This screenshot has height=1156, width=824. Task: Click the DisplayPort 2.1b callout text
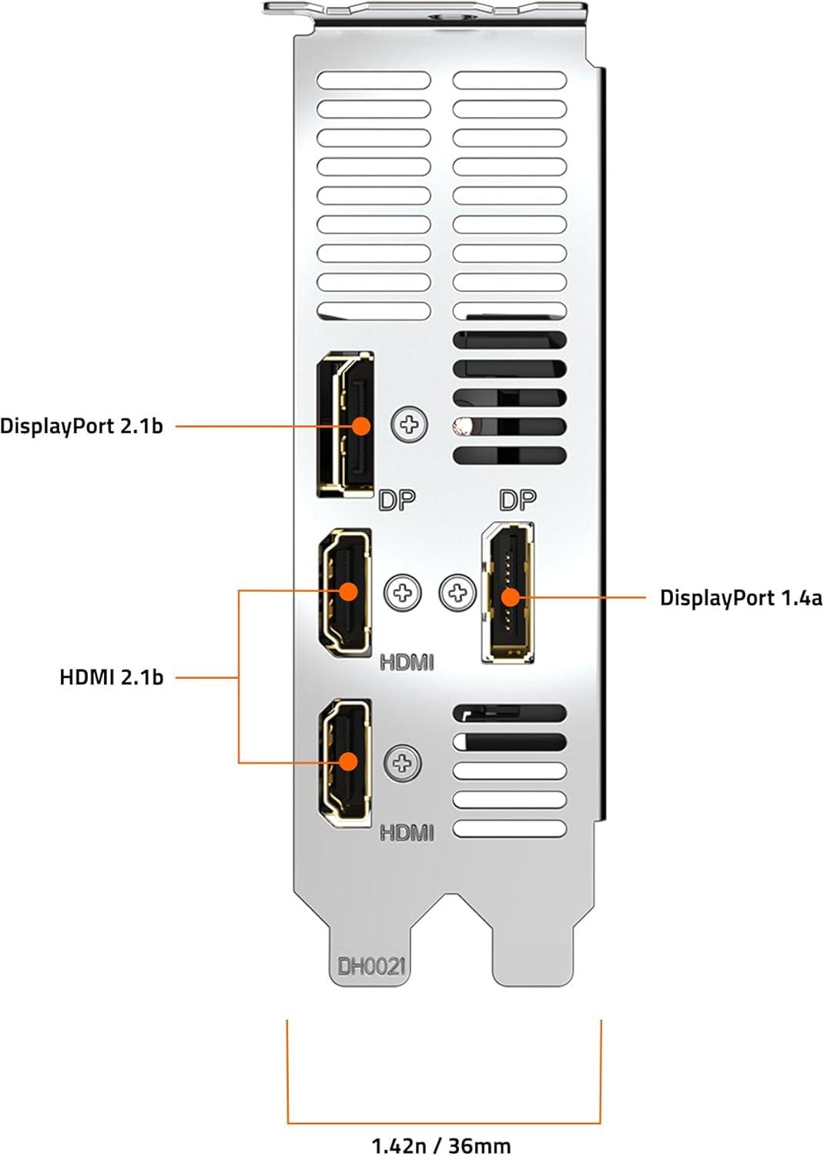(82, 427)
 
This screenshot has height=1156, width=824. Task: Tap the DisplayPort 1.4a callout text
(741, 597)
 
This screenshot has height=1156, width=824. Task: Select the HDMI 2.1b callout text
(112, 677)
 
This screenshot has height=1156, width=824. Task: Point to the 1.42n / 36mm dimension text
(441, 1146)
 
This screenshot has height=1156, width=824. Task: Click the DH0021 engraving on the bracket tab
(371, 966)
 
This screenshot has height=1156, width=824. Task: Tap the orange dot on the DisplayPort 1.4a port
(510, 597)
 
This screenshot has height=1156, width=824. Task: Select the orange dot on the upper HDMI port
(349, 591)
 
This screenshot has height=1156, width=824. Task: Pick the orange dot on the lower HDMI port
(349, 761)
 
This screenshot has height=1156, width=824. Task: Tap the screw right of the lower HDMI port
(403, 763)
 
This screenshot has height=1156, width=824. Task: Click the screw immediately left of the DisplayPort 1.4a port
(457, 593)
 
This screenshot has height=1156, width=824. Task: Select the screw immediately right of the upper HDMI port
(403, 593)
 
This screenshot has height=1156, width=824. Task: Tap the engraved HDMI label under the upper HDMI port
(407, 662)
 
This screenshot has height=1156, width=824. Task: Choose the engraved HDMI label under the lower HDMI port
(407, 833)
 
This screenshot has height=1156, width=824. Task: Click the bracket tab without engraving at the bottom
(533, 954)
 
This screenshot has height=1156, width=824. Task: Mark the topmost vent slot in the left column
(373, 80)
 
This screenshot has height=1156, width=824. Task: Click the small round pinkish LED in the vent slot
(461, 426)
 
